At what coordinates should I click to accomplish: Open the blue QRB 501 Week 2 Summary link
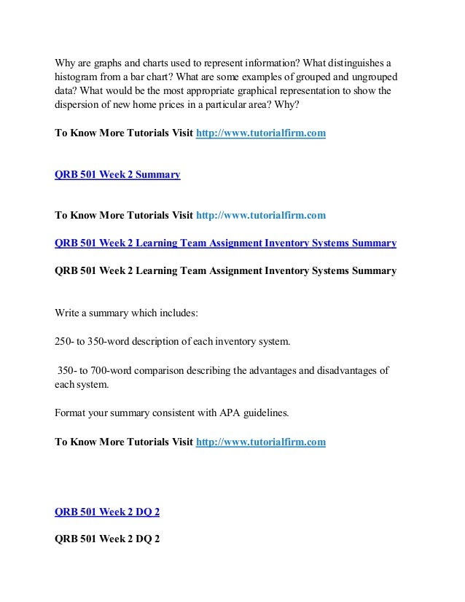point(117,175)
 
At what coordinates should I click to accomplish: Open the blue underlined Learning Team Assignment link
point(225,243)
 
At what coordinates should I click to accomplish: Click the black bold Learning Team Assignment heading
point(225,270)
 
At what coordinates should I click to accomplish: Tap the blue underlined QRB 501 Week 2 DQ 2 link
point(107,512)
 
